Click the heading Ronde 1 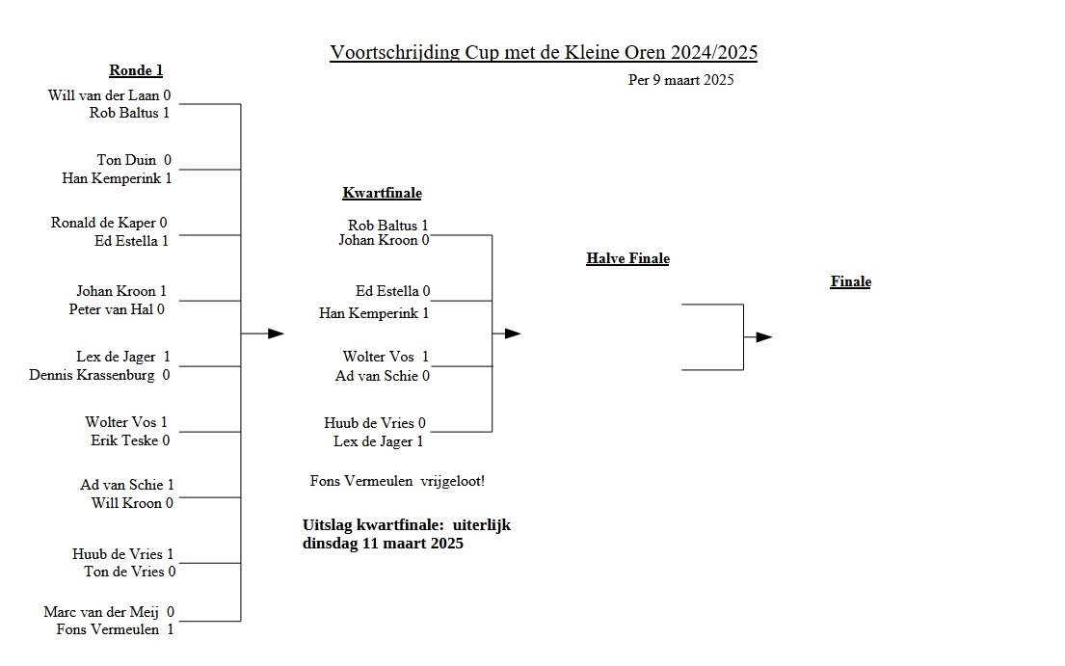136,70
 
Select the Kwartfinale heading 382,193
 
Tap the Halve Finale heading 627,258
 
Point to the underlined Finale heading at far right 850,282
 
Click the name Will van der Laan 103,95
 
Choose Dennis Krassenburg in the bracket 92,375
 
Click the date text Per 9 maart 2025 680,80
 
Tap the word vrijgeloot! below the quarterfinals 459,481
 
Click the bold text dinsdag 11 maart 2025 383,544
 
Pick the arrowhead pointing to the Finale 764,337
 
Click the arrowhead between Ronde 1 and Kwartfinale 276,333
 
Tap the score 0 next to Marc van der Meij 171,612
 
